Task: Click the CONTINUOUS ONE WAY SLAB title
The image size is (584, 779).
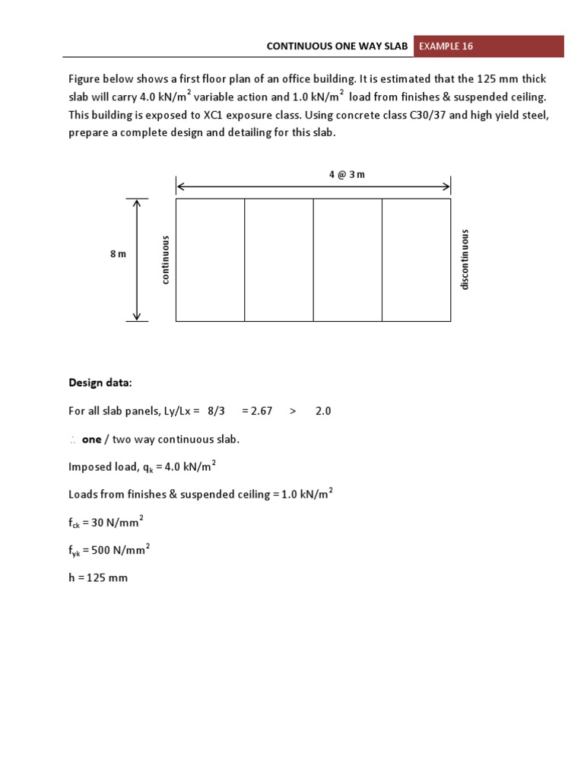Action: click(x=338, y=46)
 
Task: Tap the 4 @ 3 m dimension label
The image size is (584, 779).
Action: click(x=347, y=174)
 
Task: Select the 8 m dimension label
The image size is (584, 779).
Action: click(x=118, y=254)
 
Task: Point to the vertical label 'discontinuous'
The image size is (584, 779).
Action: click(x=465, y=259)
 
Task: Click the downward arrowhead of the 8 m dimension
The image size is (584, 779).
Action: click(x=137, y=316)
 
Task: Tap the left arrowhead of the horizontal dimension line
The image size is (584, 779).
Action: click(x=180, y=186)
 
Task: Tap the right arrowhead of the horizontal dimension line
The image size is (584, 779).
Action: click(x=446, y=186)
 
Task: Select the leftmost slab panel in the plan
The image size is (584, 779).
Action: click(x=210, y=260)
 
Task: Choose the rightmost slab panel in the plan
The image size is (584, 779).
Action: click(x=416, y=260)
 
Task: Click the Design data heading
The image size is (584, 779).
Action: click(x=100, y=382)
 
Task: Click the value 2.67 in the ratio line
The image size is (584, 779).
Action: click(x=256, y=411)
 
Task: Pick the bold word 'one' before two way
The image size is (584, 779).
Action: click(x=91, y=439)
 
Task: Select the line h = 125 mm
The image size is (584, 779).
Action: click(x=98, y=577)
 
